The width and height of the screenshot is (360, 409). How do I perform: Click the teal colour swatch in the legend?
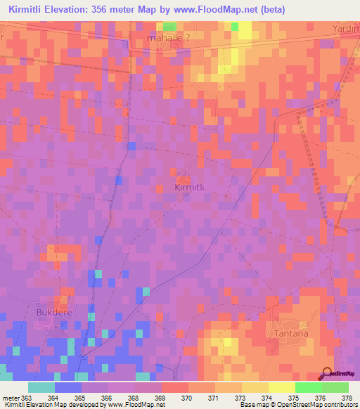point(41,387)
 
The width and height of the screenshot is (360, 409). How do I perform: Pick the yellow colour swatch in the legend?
point(282,387)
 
